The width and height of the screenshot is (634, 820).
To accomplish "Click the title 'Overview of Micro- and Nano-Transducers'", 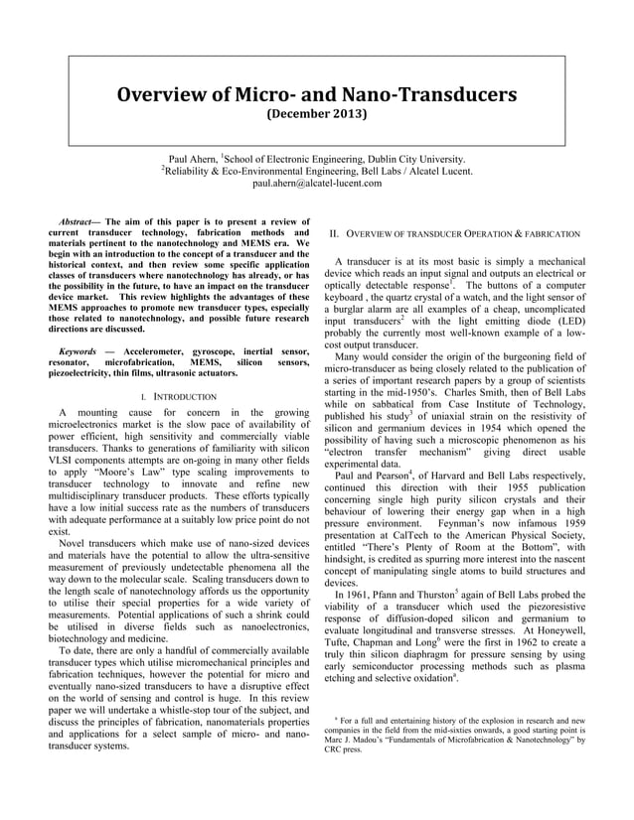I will (x=317, y=95).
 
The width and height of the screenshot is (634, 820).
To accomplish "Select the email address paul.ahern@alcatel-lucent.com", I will (x=316, y=184).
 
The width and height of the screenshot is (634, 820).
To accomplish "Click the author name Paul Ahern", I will (x=193, y=158).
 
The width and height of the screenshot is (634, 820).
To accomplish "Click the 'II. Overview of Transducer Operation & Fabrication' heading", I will (x=454, y=233).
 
